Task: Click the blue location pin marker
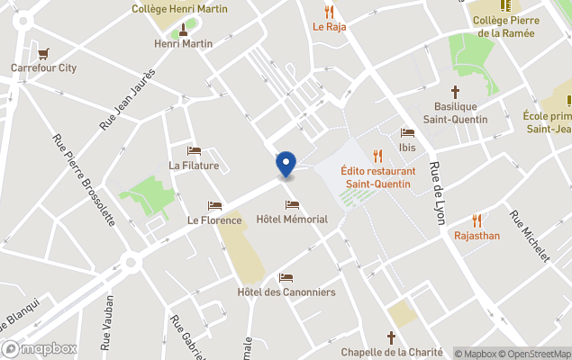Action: click(x=286, y=164)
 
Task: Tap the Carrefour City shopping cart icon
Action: click(x=43, y=53)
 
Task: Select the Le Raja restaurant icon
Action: click(x=330, y=13)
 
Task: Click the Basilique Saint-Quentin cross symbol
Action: click(x=455, y=92)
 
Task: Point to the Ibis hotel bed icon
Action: click(x=407, y=133)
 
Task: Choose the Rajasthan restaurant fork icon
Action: click(x=477, y=220)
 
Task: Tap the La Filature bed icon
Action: click(x=194, y=151)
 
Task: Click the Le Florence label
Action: click(x=214, y=220)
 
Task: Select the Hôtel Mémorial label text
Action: click(x=292, y=220)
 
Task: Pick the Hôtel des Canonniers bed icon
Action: click(x=286, y=278)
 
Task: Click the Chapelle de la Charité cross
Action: click(x=391, y=337)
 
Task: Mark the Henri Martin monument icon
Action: click(x=183, y=29)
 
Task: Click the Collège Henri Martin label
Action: click(x=179, y=9)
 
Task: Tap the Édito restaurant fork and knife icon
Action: click(x=377, y=155)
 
